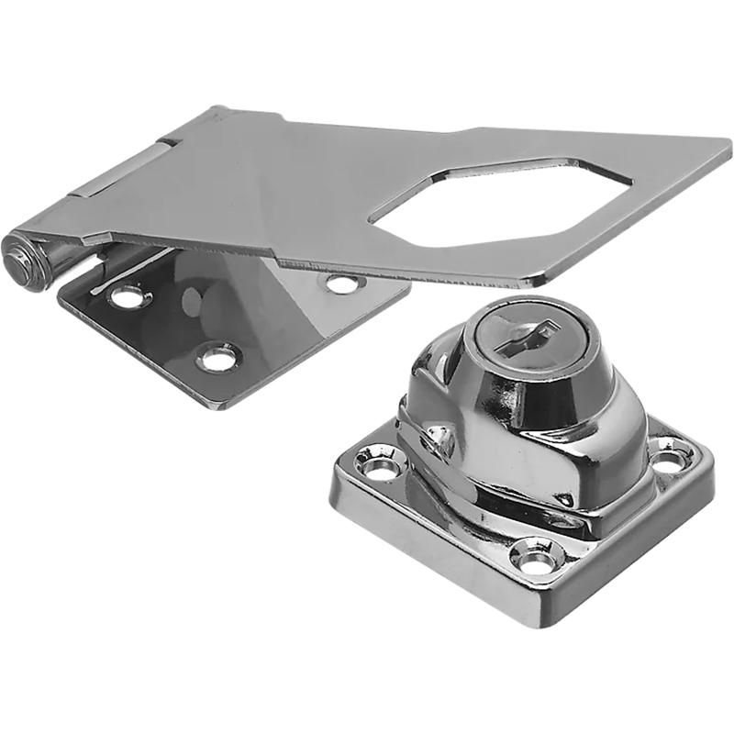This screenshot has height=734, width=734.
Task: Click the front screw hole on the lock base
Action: pos(535,555)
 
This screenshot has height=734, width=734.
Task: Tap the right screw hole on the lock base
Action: pos(671,451)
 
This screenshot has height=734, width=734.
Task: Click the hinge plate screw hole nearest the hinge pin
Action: pos(126,296)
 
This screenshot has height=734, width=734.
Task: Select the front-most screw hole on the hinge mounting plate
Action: pos(218,357)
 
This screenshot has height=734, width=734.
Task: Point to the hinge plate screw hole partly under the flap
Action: pos(341,284)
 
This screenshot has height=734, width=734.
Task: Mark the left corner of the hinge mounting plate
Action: pos(61,299)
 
